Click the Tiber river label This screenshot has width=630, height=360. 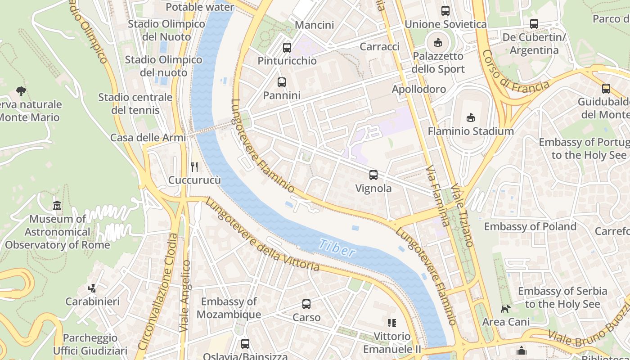coord(337,248)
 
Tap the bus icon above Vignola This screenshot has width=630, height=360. coord(373,175)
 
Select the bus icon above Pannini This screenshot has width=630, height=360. coord(282,82)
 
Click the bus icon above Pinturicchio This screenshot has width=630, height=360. coord(287,47)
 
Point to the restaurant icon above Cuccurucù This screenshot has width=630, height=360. coord(194,167)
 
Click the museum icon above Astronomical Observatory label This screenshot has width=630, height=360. coord(57,206)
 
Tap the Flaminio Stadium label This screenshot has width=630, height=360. coord(470,131)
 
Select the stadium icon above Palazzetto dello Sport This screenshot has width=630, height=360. coord(437,43)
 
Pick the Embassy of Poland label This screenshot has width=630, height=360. coord(530,226)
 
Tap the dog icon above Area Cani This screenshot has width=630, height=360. coord(506,309)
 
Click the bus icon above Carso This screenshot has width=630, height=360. coord(306,304)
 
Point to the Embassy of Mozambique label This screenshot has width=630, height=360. coord(229,308)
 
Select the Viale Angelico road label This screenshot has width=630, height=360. coord(185,296)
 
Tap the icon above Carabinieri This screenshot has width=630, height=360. coord(92,288)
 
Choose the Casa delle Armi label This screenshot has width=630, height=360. coord(148,138)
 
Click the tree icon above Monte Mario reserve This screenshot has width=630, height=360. coord(21,91)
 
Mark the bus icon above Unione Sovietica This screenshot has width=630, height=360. coord(445,11)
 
